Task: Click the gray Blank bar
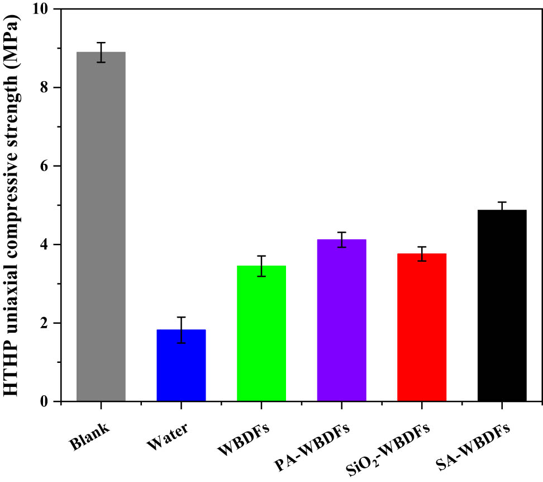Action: pos(101,226)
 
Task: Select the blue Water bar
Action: pos(181,366)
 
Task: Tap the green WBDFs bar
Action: pos(261,333)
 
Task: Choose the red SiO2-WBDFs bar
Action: pos(422,327)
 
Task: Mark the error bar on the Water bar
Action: pos(181,330)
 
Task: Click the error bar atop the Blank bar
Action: pos(101,52)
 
